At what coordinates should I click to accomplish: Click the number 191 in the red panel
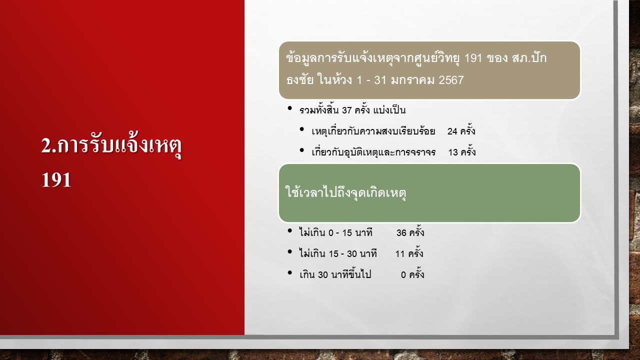pos(56,180)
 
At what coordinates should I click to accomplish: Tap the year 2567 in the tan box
pos(451,80)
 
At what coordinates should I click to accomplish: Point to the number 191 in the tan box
pos(473,58)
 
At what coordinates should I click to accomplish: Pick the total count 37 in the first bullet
pos(346,110)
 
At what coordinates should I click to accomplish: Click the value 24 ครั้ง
pos(461,130)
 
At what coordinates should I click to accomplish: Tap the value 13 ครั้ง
pos(462,151)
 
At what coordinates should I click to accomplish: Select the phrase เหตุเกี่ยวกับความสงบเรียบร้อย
pos(373,131)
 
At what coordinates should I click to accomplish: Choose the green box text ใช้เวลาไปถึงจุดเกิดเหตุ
pos(345,192)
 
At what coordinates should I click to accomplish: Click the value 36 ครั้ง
pos(410,232)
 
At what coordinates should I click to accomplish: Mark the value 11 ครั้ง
pos(409,253)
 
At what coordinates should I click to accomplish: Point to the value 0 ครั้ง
pos(412,274)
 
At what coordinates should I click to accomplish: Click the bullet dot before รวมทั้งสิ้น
pos(290,108)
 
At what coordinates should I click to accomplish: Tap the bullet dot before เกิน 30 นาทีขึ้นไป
pos(290,272)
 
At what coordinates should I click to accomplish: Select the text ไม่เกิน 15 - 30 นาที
pos(338,253)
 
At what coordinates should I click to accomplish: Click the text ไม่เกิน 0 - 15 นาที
pos(336,232)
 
